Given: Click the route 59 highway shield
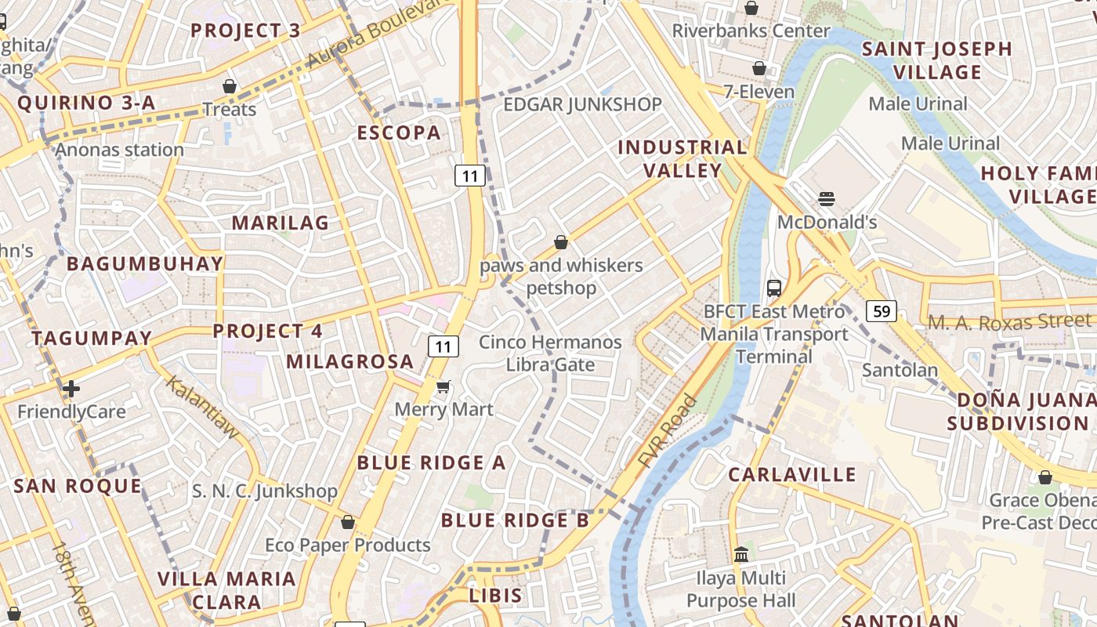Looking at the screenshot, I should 882,311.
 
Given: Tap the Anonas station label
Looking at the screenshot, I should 120,150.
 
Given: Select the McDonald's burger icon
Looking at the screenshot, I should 826,199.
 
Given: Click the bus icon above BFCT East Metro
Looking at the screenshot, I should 774,288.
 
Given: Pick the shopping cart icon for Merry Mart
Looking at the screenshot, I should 444,386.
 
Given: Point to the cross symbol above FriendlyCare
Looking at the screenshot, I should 71,389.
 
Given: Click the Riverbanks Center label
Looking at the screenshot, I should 751,31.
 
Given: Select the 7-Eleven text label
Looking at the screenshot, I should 758,92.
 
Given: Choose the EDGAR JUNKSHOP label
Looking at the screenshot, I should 582,104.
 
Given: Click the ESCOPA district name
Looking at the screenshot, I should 399,132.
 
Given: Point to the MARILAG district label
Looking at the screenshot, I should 280,223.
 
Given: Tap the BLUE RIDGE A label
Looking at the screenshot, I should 431,462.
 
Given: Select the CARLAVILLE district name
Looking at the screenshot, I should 792,475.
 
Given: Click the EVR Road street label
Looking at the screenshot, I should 667,432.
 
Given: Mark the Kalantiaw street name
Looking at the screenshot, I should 201,407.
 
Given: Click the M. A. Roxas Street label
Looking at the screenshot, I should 1009,321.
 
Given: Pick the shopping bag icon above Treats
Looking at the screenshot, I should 230,86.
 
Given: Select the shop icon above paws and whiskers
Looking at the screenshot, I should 560,243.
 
